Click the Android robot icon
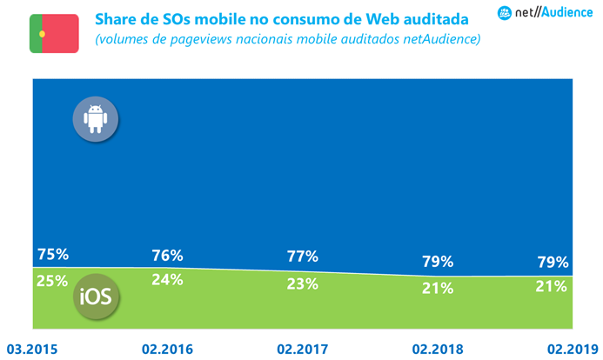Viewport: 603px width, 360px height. coord(95,119)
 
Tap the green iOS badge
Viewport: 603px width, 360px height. coord(95,296)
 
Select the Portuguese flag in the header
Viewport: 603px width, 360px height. coord(54,33)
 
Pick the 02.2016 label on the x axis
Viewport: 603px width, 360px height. coord(166,350)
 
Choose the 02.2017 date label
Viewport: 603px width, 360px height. coord(302,350)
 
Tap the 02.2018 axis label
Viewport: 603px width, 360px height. coord(438,350)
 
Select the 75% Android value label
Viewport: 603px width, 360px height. coord(53,255)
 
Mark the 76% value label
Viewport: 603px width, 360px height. coord(167,256)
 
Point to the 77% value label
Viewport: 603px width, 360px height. coord(302,257)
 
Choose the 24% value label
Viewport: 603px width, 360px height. coord(167,279)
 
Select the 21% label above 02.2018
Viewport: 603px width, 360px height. coord(438,288)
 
